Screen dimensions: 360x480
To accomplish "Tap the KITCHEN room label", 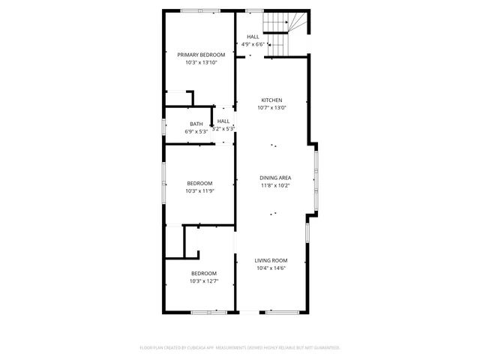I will pos(271,100).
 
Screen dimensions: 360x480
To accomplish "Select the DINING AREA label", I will pos(275,178).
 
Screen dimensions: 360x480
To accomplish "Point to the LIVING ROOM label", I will pos(271,260).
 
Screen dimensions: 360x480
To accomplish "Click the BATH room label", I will pos(196,124).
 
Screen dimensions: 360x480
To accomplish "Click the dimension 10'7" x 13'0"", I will pos(271,108).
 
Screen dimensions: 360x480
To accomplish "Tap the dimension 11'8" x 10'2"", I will pos(275,185).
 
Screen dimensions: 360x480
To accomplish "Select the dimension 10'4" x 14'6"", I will pos(271,268).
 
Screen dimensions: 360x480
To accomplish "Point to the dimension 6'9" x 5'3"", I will pos(196,132).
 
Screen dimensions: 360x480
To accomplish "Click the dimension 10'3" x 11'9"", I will pos(199,190).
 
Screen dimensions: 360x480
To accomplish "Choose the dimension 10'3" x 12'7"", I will pos(203,281).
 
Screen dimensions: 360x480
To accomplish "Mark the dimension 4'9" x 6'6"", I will pos(253,44).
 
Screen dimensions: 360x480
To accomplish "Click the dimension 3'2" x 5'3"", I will pos(223,129).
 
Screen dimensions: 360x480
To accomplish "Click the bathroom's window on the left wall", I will pos(164,126).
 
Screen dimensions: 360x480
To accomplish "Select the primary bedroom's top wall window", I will pos(200,10).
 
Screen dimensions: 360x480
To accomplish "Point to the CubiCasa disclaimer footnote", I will pos(240,347).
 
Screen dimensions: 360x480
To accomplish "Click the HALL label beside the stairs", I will pos(253,37).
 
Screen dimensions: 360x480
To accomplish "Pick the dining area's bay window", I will pos(316,180).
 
